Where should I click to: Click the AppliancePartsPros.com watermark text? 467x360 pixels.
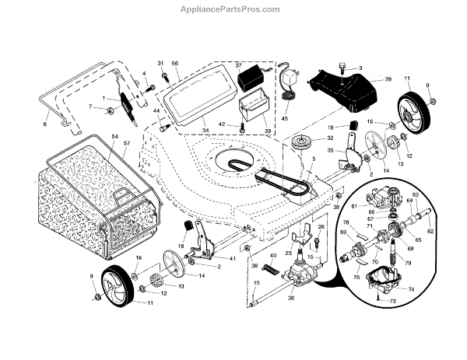233,9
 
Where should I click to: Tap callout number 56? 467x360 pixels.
175,63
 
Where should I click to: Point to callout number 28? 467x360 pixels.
388,80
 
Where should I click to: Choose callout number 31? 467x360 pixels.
161,62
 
